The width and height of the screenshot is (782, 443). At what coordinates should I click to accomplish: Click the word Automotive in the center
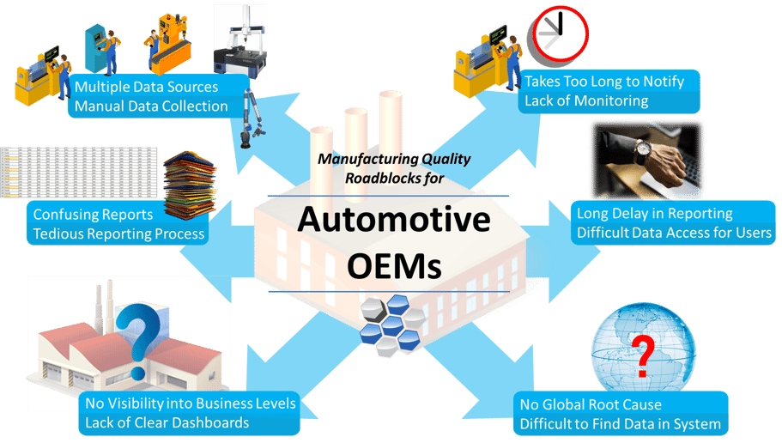pos(394,221)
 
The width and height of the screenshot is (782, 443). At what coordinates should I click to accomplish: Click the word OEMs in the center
pos(394,265)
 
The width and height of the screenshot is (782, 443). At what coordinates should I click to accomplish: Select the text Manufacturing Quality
pos(394,159)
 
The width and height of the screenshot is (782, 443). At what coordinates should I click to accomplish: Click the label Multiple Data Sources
pos(146,87)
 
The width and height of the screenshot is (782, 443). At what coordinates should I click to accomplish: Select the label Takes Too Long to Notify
pos(604,82)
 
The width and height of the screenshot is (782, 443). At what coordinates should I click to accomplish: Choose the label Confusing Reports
pos(93,215)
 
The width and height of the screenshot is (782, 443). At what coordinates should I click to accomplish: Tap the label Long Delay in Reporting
pos(654,214)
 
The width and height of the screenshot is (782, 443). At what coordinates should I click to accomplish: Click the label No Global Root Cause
pos(591,404)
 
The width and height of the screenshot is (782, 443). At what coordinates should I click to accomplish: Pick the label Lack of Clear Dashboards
pos(167,422)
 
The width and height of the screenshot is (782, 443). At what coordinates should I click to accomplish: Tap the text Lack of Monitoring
pos(586,100)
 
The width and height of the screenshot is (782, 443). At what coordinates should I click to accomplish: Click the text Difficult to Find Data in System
pos(620,424)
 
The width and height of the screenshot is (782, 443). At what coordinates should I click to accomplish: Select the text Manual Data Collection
pos(151,106)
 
